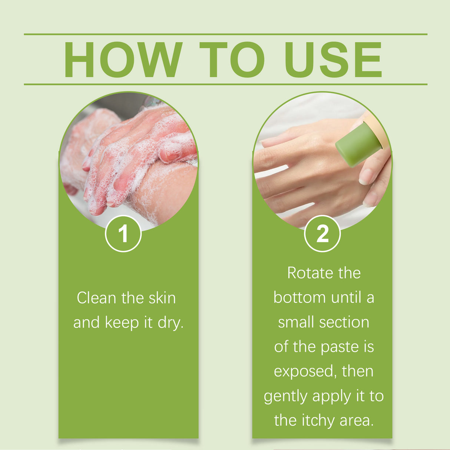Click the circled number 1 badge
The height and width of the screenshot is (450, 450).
click(123, 234)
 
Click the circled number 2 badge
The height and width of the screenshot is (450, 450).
click(322, 234)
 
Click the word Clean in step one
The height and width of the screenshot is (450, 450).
click(96, 298)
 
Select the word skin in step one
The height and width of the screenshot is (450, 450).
click(162, 298)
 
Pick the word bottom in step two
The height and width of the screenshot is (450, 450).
click(300, 298)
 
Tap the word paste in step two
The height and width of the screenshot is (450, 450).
click(340, 347)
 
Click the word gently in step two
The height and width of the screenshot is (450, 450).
click(286, 397)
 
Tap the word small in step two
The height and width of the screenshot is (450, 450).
click(296, 322)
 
